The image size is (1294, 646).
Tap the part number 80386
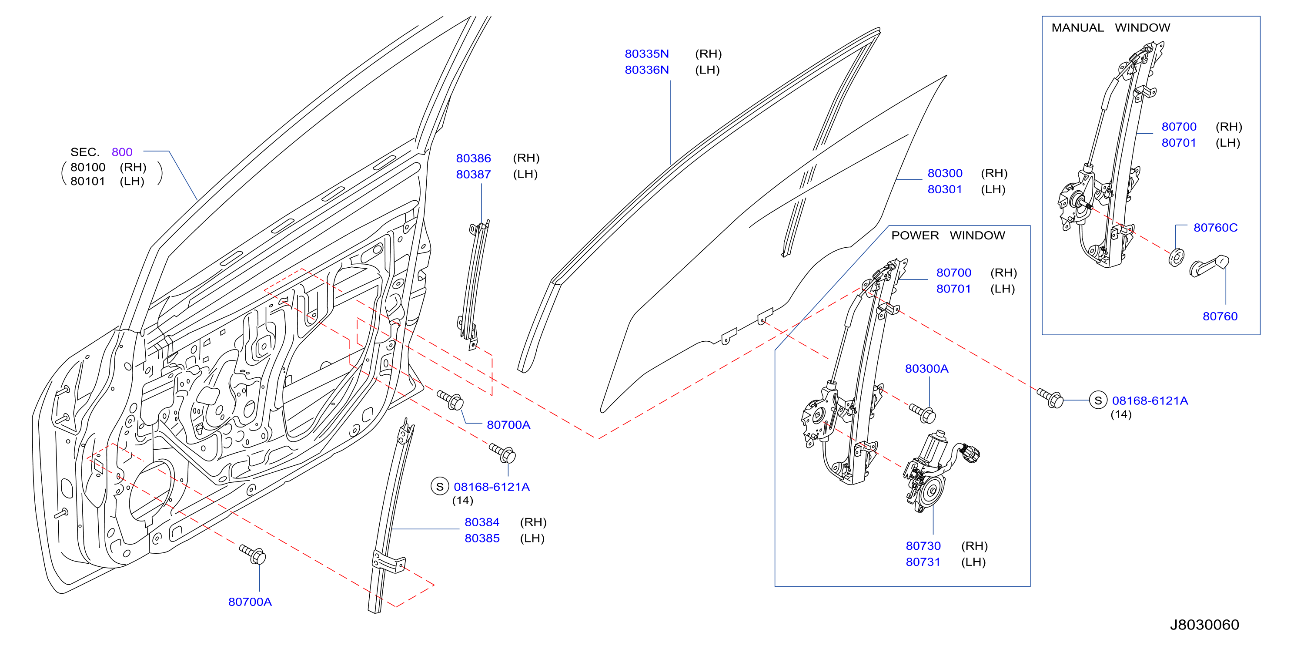tap(473, 158)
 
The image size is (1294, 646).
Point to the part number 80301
tap(944, 189)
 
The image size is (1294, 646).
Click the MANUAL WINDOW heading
tap(1110, 28)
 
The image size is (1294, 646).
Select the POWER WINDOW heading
tap(948, 235)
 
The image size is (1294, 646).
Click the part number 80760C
tap(1215, 228)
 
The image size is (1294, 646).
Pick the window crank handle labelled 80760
tap(1210, 266)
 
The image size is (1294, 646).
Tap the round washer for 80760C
tap(1176, 257)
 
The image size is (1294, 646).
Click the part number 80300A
tap(926, 369)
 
